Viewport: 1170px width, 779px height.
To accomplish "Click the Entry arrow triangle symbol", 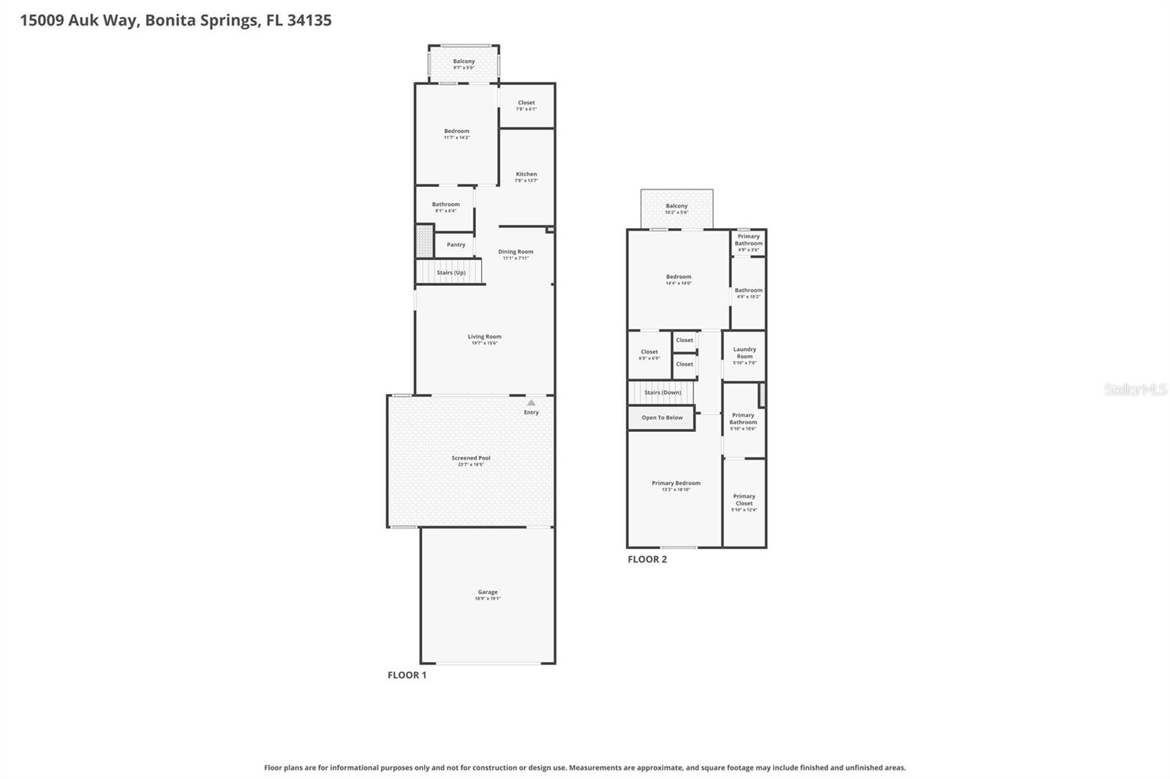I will pos(531,403).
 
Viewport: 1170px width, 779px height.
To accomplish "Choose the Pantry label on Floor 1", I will pos(456,245).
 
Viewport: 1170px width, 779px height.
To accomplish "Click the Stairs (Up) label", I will pos(450,273).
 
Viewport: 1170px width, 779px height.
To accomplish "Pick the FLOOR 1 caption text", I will pos(407,675).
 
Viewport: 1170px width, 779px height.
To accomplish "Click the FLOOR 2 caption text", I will pos(647,559).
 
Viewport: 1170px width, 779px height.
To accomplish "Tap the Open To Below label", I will pos(662,418).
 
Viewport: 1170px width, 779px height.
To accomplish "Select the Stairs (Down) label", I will pos(662,392).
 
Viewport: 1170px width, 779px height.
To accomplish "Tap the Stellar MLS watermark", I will pos(1135,389).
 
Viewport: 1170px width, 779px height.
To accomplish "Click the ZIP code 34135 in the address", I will pos(309,20).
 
